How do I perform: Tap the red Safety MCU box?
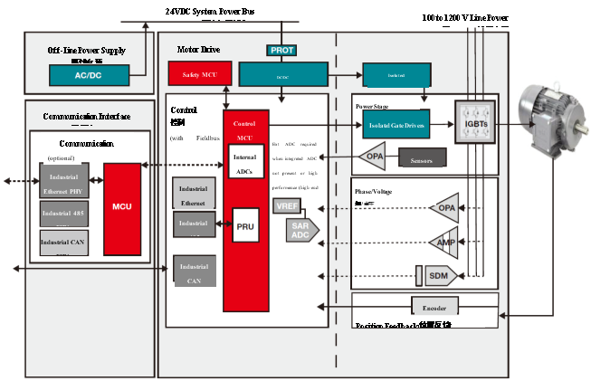(x=199, y=74)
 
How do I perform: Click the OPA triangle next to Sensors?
(x=374, y=157)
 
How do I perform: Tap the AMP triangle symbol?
(x=444, y=242)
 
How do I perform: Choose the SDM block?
(x=438, y=274)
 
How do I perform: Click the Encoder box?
(x=439, y=304)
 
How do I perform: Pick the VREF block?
(x=286, y=206)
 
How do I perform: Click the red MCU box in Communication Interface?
(x=123, y=207)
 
